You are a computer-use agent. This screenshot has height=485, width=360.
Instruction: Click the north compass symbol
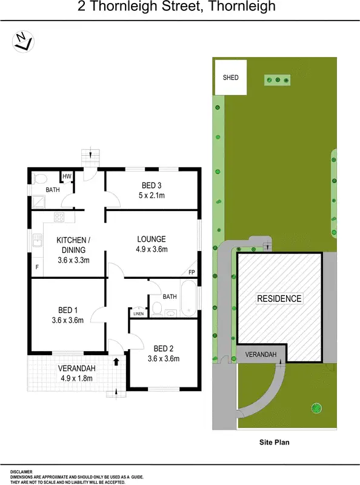coord(22,41)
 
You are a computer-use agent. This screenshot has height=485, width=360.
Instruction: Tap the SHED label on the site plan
coord(231,78)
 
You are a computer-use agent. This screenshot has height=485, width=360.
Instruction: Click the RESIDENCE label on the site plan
coord(279,298)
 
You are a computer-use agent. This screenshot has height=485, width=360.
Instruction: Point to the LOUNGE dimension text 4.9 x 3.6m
coord(152,249)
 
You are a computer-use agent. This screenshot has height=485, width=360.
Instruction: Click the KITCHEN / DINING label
coord(73,241)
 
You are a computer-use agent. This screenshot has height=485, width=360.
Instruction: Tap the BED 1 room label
coord(67,310)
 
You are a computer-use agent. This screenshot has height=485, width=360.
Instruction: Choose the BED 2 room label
coord(164,348)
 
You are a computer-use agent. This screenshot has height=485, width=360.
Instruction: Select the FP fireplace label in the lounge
coord(192,272)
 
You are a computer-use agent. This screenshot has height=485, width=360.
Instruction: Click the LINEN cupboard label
coord(138,313)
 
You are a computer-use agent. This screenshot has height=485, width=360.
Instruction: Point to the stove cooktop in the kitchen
coord(59,216)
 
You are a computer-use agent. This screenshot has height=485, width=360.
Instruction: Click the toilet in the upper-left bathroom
coord(39,179)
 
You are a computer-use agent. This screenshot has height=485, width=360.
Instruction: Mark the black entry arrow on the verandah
coord(116,362)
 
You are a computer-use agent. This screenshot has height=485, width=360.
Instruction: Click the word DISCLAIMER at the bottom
coord(21,471)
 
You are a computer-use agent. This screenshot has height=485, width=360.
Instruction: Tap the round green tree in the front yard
coord(315,407)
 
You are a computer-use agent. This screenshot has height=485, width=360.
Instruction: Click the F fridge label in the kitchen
coord(37,267)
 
